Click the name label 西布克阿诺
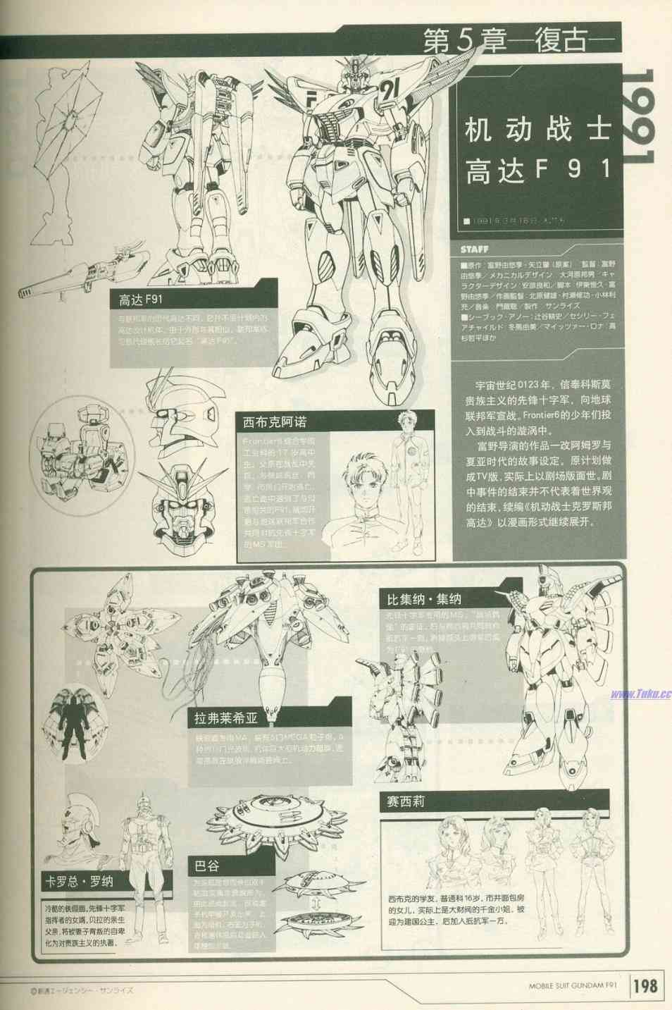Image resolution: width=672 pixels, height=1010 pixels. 275,423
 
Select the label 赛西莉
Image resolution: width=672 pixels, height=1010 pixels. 406,802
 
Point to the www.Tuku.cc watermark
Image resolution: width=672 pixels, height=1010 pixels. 640,694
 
